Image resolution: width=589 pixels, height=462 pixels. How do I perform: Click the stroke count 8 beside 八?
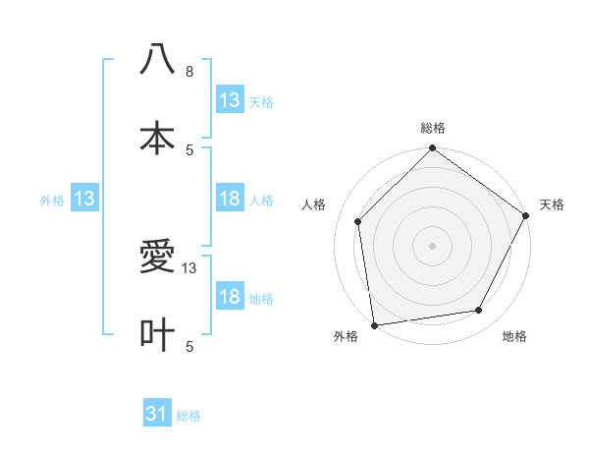pyautogui.click(x=189, y=72)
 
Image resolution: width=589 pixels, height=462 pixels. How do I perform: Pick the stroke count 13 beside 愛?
pyautogui.click(x=189, y=268)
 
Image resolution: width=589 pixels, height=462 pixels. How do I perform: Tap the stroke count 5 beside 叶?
pyautogui.click(x=189, y=346)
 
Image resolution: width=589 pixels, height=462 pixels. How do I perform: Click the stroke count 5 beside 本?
pyautogui.click(x=189, y=149)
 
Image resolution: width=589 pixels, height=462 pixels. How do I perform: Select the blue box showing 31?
pyautogui.click(x=157, y=415)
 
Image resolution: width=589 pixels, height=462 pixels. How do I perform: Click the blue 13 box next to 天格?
pyautogui.click(x=230, y=100)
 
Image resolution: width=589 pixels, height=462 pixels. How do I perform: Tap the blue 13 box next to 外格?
pyautogui.click(x=84, y=200)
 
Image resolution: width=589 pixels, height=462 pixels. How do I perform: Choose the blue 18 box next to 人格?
pyautogui.click(x=230, y=200)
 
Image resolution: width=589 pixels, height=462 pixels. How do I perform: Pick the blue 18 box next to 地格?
pyautogui.click(x=230, y=298)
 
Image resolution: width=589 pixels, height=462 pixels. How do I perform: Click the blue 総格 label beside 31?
pyautogui.click(x=188, y=416)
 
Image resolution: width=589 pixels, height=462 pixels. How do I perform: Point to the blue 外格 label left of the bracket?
pyautogui.click(x=52, y=201)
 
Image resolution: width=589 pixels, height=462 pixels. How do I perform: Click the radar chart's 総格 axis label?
pyautogui.click(x=433, y=129)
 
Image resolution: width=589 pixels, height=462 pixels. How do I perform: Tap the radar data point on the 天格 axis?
pyautogui.click(x=526, y=215)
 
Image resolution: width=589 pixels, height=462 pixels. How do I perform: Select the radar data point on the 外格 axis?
pyautogui.click(x=374, y=324)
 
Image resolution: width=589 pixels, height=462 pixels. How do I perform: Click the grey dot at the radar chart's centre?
pyautogui.click(x=433, y=245)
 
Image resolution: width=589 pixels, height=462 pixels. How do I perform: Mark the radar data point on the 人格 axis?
pyautogui.click(x=358, y=221)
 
